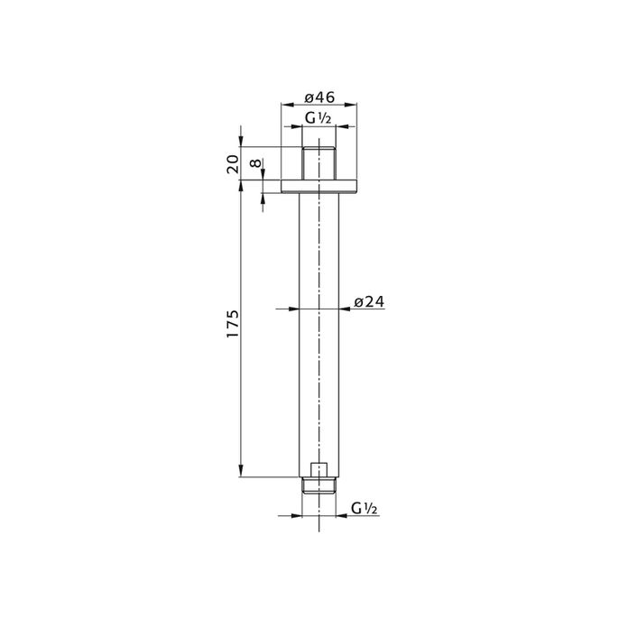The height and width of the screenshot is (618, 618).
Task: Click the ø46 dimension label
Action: (319, 97)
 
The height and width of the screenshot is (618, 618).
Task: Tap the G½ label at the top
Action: (318, 118)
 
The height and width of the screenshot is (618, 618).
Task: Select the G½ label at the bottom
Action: (364, 509)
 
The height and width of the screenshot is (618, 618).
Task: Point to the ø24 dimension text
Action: (369, 302)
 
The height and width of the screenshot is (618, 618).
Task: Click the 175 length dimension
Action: (233, 324)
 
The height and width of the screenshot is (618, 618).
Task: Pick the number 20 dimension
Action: (233, 164)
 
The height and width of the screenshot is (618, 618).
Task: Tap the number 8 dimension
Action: (256, 162)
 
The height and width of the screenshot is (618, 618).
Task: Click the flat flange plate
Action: (318, 187)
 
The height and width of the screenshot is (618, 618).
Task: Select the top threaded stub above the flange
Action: (318, 163)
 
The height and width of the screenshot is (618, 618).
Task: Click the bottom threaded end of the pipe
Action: (318, 485)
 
